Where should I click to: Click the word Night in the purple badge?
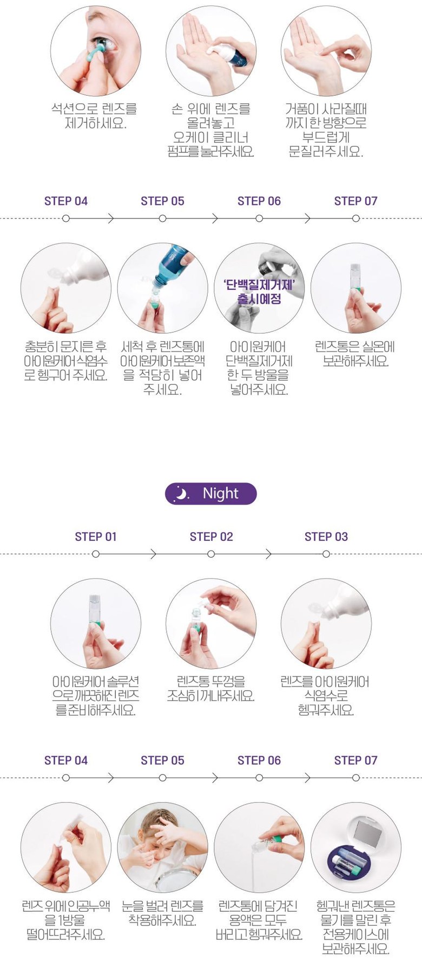(220, 493)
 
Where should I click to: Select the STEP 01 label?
(96, 536)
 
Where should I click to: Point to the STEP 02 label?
(211, 536)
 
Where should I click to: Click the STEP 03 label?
(326, 536)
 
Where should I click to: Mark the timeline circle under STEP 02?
(211, 554)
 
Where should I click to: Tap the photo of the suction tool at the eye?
(96, 51)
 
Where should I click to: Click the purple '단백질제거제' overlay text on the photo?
(259, 291)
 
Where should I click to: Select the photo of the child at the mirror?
(162, 847)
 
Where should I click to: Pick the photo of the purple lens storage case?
(355, 847)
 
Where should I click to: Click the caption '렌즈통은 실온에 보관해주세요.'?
(355, 354)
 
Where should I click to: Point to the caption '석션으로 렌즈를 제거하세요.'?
(95, 116)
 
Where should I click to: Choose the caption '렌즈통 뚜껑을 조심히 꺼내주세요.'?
(211, 688)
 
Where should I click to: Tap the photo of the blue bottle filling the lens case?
(162, 288)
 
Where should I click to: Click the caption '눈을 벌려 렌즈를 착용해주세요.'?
(162, 912)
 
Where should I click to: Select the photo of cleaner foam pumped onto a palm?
(211, 51)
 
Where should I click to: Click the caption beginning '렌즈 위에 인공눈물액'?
(65, 919)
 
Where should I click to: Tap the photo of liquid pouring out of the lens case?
(259, 847)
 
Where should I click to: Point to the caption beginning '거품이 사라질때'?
(326, 130)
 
